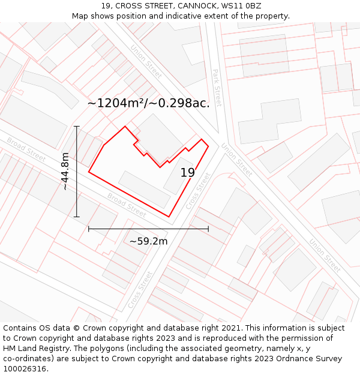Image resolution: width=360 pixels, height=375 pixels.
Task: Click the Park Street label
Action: click(217, 88)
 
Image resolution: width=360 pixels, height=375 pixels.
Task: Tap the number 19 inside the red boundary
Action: click(188, 173)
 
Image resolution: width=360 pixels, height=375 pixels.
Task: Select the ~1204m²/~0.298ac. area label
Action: click(149, 103)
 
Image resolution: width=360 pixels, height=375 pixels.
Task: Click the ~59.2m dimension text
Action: click(148, 241)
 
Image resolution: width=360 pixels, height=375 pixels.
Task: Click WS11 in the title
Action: click(232, 6)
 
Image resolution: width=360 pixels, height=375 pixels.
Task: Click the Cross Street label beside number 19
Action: click(199, 191)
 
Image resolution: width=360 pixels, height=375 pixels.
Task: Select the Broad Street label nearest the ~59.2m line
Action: click(127, 205)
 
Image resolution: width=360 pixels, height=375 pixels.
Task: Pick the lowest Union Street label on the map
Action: click(325, 256)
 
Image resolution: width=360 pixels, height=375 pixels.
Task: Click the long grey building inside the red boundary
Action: click(144, 189)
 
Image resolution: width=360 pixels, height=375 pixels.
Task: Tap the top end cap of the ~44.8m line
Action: click(76, 127)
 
